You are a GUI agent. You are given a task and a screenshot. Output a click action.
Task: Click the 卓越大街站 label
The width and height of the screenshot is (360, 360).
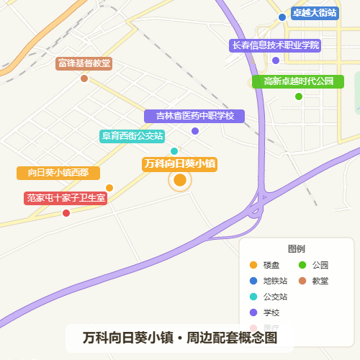314,13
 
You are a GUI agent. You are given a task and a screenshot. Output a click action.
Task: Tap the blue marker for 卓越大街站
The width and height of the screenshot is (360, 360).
282,17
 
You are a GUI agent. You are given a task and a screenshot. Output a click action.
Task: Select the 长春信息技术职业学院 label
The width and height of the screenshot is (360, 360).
274,45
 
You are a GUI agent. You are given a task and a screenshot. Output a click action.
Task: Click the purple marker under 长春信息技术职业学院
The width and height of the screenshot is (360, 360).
275,60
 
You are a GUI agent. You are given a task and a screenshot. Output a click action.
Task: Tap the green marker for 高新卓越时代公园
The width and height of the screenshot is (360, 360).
299,96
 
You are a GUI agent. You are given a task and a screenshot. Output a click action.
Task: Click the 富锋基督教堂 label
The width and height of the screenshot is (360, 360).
84,63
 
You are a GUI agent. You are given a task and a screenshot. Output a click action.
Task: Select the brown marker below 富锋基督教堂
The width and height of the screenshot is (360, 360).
84,78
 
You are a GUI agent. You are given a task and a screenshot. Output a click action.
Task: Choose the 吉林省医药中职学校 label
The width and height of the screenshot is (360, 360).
194,116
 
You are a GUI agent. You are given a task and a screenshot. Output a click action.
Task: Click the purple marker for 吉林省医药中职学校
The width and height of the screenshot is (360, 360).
195,131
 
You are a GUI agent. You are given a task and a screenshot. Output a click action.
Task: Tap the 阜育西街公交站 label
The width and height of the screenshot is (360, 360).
132,135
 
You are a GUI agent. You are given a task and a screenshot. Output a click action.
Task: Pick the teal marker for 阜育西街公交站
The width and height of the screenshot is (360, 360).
174,150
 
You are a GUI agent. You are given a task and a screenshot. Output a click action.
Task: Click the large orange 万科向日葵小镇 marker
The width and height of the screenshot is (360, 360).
180,180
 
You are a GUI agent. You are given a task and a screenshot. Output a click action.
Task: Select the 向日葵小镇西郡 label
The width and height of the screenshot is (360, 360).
58,173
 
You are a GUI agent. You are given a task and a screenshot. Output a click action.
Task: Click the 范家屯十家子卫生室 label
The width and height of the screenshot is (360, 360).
66,197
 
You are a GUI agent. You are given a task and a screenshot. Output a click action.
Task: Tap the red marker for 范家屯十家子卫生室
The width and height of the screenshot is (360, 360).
66,213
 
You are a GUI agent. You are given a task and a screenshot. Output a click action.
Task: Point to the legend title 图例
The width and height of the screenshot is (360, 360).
297,249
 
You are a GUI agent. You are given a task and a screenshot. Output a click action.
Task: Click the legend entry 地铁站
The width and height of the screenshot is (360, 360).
275,281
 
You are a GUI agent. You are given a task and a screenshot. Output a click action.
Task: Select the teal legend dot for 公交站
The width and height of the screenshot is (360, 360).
252,297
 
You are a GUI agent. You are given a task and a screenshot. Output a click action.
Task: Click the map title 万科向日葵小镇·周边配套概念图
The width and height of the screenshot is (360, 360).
180,337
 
